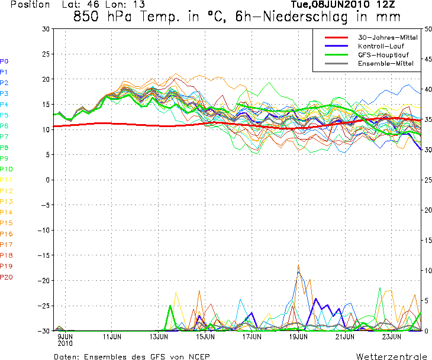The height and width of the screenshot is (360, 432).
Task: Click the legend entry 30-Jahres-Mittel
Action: [388, 37]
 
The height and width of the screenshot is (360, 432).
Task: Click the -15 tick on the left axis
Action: [43, 255]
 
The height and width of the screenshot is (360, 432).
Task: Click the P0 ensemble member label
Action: [4, 61]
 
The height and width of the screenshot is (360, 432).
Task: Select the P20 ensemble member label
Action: [7, 277]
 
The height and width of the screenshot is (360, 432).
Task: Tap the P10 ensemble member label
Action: [7, 169]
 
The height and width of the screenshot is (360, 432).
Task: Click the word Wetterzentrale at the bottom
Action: [391, 357]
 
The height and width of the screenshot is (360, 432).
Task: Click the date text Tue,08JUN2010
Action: [323, 5]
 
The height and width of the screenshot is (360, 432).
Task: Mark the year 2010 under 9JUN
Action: [65, 343]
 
